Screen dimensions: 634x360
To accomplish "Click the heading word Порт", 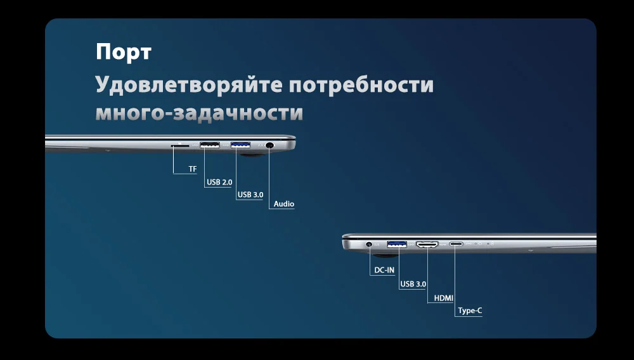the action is tap(124, 52).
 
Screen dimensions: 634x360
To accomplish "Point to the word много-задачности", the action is tap(199, 113).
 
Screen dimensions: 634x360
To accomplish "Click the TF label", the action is tap(193, 169).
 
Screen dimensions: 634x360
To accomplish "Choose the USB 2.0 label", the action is tap(219, 183).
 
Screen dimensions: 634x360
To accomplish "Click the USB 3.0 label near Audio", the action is tap(250, 195).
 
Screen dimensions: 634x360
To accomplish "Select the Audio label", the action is tap(284, 204).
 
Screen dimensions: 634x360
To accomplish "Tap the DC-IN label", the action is tap(384, 271).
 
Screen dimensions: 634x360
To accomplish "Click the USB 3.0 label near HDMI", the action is tap(413, 284).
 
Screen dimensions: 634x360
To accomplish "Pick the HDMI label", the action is tap(443, 298).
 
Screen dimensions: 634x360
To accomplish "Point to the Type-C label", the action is tap(470, 311).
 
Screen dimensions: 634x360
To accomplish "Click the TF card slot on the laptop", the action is tap(180, 146).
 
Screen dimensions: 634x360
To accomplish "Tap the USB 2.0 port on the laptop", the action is tap(209, 146).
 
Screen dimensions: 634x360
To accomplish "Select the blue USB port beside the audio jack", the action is tap(241, 146).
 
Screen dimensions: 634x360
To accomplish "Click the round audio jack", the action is tap(270, 146).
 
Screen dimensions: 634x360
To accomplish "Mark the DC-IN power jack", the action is tap(369, 243).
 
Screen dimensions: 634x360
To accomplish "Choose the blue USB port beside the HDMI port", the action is tap(398, 243).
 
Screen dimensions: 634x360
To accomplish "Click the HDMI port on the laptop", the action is tap(427, 243).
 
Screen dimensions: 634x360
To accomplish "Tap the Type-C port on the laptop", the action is tap(456, 243).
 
